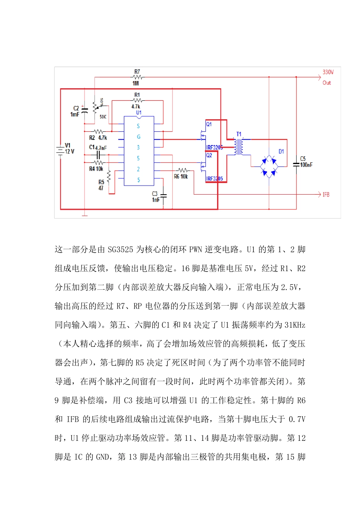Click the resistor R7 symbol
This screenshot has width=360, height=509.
coord(137,77)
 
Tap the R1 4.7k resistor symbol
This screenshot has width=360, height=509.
coord(137,100)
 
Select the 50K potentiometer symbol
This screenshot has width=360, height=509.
coord(95,108)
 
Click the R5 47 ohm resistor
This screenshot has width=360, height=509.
coord(109,176)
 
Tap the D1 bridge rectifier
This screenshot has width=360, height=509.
coord(269,166)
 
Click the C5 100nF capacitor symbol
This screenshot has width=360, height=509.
coord(296,164)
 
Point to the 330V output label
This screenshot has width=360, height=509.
coord(328,72)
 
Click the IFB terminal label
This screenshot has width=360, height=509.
coord(326,195)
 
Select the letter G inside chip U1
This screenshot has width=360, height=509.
coord(138,137)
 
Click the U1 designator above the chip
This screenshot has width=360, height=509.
coord(139,112)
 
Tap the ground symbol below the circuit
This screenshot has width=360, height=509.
coord(85,215)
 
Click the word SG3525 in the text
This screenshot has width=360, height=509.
coord(120,250)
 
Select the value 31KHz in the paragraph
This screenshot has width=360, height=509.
coord(294,325)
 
